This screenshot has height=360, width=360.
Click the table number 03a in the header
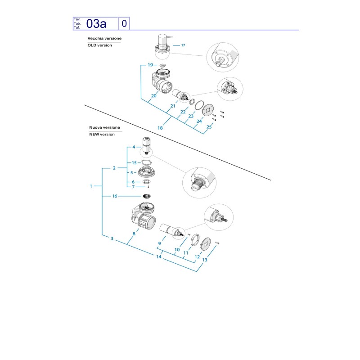(96, 24)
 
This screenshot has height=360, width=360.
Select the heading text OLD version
(99, 45)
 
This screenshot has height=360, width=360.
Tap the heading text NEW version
(102, 134)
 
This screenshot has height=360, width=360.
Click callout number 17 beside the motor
(183, 45)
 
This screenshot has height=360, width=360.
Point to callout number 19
(150, 65)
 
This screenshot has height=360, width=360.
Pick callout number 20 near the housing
(154, 96)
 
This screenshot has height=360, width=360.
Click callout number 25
(209, 127)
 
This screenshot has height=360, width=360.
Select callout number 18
(160, 128)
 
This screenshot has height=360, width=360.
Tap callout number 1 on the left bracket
(91, 186)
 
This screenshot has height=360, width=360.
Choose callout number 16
(115, 196)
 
